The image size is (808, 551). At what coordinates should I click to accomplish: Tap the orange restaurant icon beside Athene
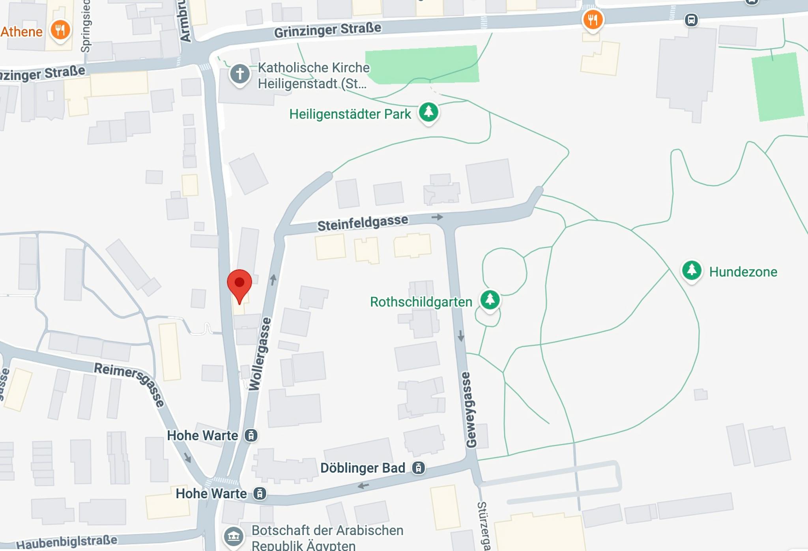point(60,30)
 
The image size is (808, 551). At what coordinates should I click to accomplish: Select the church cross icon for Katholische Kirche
point(239,74)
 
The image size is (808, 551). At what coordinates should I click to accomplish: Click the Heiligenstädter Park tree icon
point(428,112)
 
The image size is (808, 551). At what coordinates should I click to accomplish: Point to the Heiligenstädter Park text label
point(350,114)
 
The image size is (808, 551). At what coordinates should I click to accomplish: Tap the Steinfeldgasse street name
point(363,223)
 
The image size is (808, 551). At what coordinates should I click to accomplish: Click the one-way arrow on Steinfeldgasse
point(437,217)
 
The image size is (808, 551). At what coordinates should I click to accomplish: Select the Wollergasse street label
point(260,354)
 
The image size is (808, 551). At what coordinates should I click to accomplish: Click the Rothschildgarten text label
point(421,302)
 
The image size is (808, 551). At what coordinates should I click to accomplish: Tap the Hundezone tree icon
point(691,270)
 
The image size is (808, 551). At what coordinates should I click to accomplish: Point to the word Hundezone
point(743,272)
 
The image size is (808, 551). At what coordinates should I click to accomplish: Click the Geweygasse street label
point(471,410)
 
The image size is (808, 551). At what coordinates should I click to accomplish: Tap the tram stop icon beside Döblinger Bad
point(418,468)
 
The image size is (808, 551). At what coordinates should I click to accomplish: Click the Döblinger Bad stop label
point(363,468)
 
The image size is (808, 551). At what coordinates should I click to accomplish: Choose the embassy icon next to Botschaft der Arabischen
point(234,536)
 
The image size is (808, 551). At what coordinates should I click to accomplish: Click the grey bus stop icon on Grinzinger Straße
point(691,20)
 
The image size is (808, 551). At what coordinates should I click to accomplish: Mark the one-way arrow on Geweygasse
point(460,336)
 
